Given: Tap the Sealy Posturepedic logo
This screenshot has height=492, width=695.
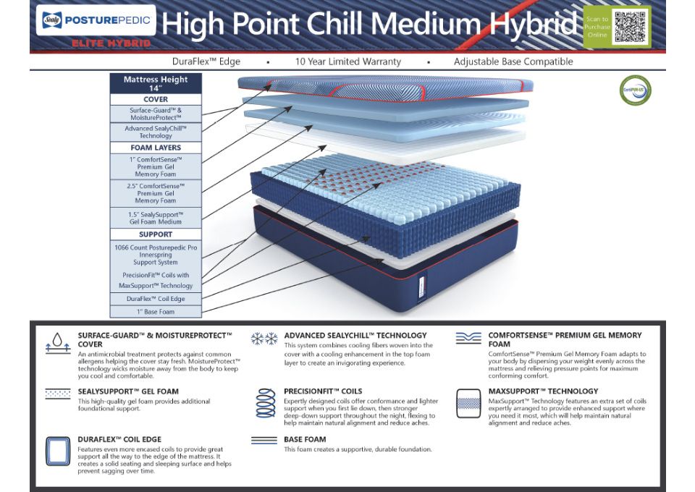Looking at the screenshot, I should click(95, 20).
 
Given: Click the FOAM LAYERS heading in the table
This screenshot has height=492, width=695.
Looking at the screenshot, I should click(155, 148).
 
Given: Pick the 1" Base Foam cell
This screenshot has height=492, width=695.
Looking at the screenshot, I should click(155, 312).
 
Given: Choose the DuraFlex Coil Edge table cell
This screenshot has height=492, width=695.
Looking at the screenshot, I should click(155, 298).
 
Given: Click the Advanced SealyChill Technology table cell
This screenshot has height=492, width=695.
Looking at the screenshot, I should click(155, 132).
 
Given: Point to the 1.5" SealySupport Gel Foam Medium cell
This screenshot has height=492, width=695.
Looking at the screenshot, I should click(155, 218).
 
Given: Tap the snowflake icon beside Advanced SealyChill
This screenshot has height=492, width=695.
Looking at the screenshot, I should click(264, 339).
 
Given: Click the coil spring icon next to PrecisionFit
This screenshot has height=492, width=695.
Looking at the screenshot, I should click(264, 402).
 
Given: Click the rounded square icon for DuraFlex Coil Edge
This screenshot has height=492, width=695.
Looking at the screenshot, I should click(57, 451).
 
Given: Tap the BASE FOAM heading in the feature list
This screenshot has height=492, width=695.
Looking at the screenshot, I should click(305, 439).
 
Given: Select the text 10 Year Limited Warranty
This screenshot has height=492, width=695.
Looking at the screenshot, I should click(347, 61).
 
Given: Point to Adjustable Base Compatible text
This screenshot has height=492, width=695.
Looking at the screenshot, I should click(513, 61).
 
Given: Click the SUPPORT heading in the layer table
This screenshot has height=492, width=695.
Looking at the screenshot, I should click(155, 234).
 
